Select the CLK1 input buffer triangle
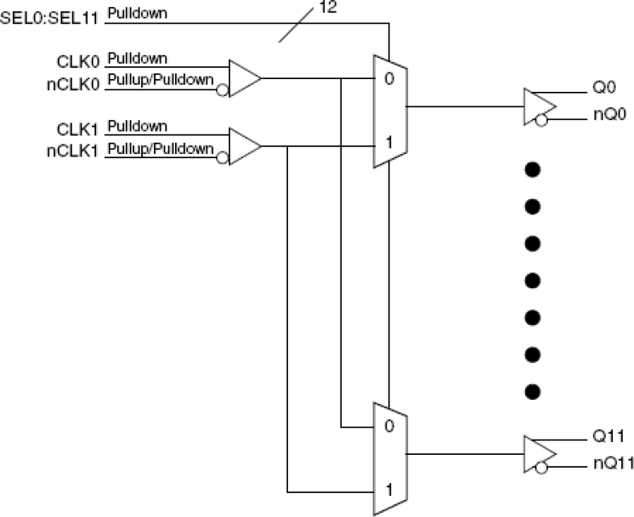click(244, 146)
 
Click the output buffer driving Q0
click(540, 106)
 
